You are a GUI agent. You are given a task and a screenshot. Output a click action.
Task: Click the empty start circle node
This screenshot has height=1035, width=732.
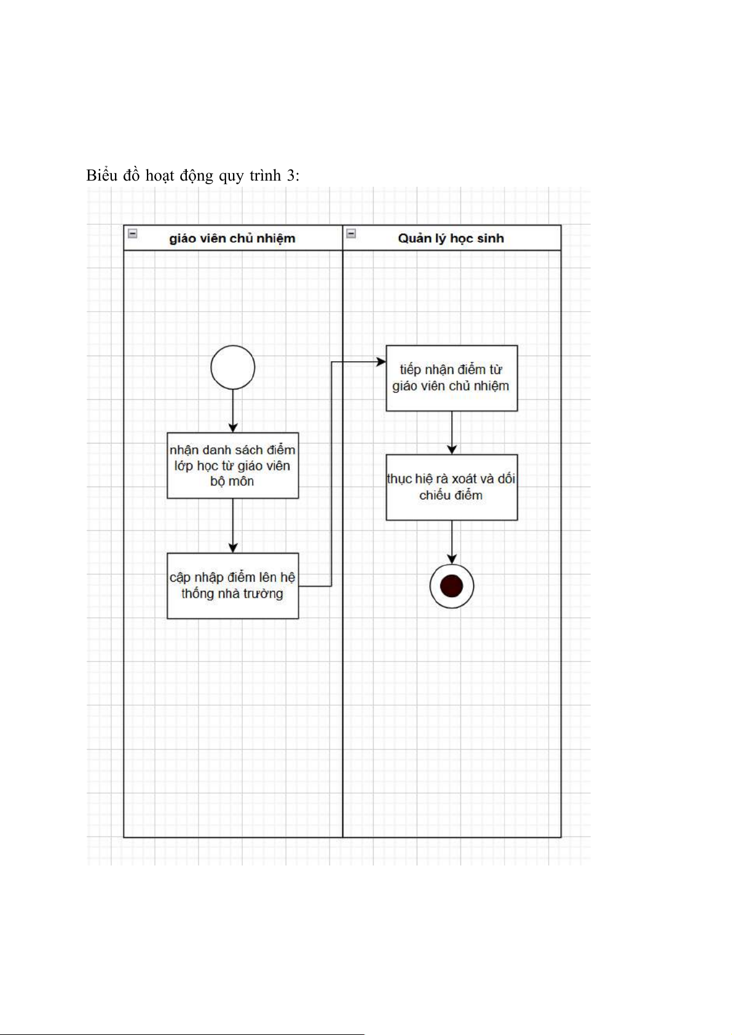coord(232,367)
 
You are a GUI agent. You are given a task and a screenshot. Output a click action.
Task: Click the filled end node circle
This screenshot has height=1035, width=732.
coord(452,586)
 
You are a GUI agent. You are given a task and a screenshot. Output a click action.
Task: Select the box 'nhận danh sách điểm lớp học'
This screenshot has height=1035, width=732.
coord(232,465)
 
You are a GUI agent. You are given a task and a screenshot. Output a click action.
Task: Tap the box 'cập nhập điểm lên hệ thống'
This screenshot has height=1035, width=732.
coord(232,585)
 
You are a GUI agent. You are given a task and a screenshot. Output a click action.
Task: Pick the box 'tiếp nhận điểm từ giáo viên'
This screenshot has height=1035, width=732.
coord(451,378)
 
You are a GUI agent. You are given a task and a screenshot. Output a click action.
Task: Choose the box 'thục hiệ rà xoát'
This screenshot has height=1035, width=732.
coord(451,487)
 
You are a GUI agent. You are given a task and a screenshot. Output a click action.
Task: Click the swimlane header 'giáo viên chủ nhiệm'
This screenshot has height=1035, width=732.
coord(232,238)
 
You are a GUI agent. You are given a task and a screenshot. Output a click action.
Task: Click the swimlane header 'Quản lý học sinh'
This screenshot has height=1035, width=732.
coord(451,238)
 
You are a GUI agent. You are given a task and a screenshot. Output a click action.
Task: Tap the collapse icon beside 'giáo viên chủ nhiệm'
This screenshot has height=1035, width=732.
coord(132,233)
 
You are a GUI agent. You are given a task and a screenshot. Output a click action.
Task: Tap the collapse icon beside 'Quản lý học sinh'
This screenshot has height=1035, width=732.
coord(351,233)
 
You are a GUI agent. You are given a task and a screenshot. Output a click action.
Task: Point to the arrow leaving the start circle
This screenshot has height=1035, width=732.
coord(232,410)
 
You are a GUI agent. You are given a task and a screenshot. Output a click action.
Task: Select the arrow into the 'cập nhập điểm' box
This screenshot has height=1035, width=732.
coord(232,525)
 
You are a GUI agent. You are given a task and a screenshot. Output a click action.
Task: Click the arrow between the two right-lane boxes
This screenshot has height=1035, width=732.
coord(452,432)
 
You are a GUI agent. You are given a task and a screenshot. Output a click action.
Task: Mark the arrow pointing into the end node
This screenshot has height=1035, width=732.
coord(452,542)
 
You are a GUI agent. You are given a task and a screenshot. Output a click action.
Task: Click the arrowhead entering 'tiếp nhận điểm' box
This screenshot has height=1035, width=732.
coord(381,362)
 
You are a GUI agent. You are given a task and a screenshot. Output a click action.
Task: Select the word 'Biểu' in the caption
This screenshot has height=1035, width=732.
coord(101,176)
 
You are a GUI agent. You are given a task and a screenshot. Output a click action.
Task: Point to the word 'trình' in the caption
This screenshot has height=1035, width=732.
coord(264,176)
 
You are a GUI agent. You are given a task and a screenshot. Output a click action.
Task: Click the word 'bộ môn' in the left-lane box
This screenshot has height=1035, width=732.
coord(232,481)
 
